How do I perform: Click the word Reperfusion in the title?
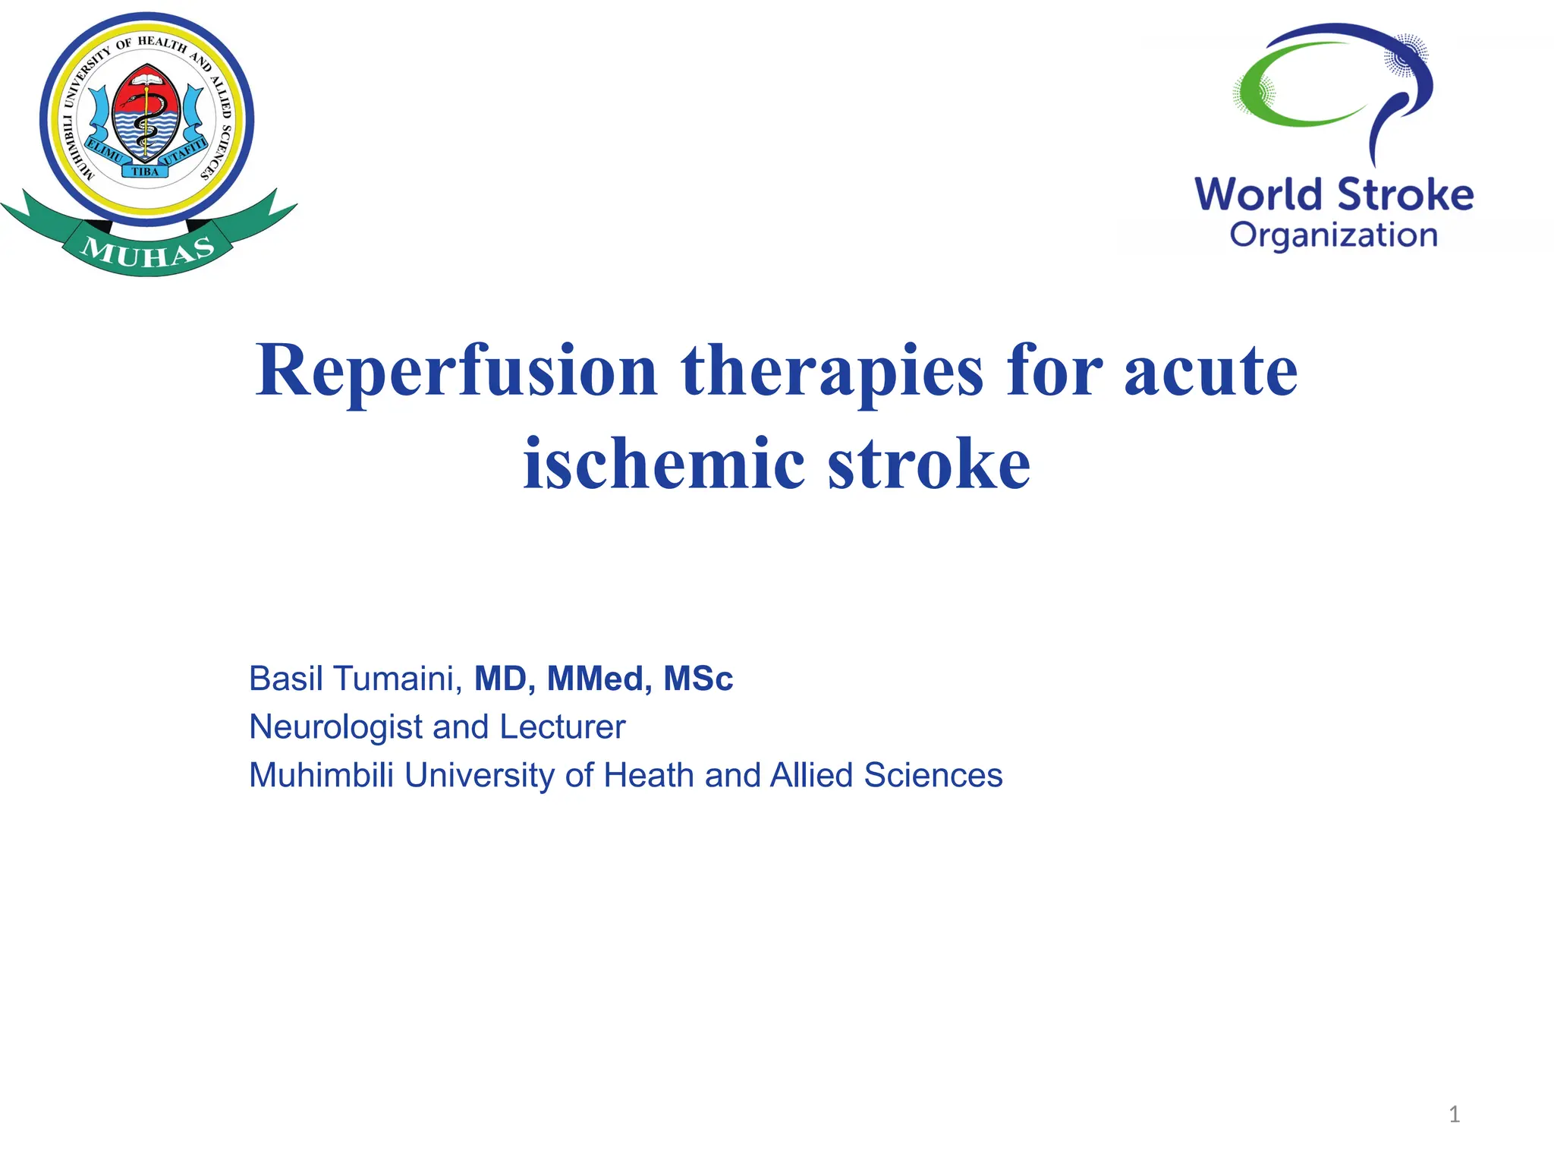click(456, 372)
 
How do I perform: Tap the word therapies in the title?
click(832, 372)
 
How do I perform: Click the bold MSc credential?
click(698, 679)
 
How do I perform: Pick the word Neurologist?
click(335, 727)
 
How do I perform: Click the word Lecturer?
click(562, 727)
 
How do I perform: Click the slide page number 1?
click(1454, 1114)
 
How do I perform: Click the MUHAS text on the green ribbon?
click(149, 251)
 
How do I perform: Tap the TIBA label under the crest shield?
click(146, 172)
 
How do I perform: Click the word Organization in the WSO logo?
click(1333, 235)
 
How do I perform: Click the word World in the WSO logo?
click(1260, 194)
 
